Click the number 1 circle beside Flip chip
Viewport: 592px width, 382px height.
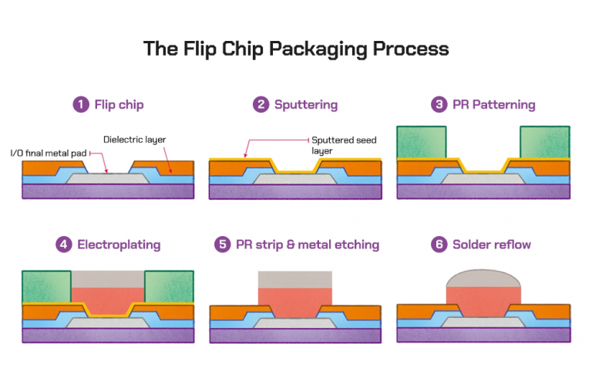(81, 104)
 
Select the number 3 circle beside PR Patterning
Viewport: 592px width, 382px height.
(439, 104)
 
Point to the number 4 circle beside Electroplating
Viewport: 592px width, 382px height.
(64, 245)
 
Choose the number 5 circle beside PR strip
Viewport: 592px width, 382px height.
(223, 245)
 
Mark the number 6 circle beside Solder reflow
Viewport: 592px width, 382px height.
(439, 245)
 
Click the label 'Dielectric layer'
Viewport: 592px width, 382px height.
(135, 139)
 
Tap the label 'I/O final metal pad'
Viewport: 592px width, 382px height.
(49, 153)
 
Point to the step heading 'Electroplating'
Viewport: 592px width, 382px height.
(119, 245)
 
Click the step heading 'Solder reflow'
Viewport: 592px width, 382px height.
(492, 245)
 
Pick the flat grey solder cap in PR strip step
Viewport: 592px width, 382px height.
(294, 279)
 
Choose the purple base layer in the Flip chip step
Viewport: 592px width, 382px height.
(108, 191)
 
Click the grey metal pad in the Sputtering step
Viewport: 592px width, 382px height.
(294, 179)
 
